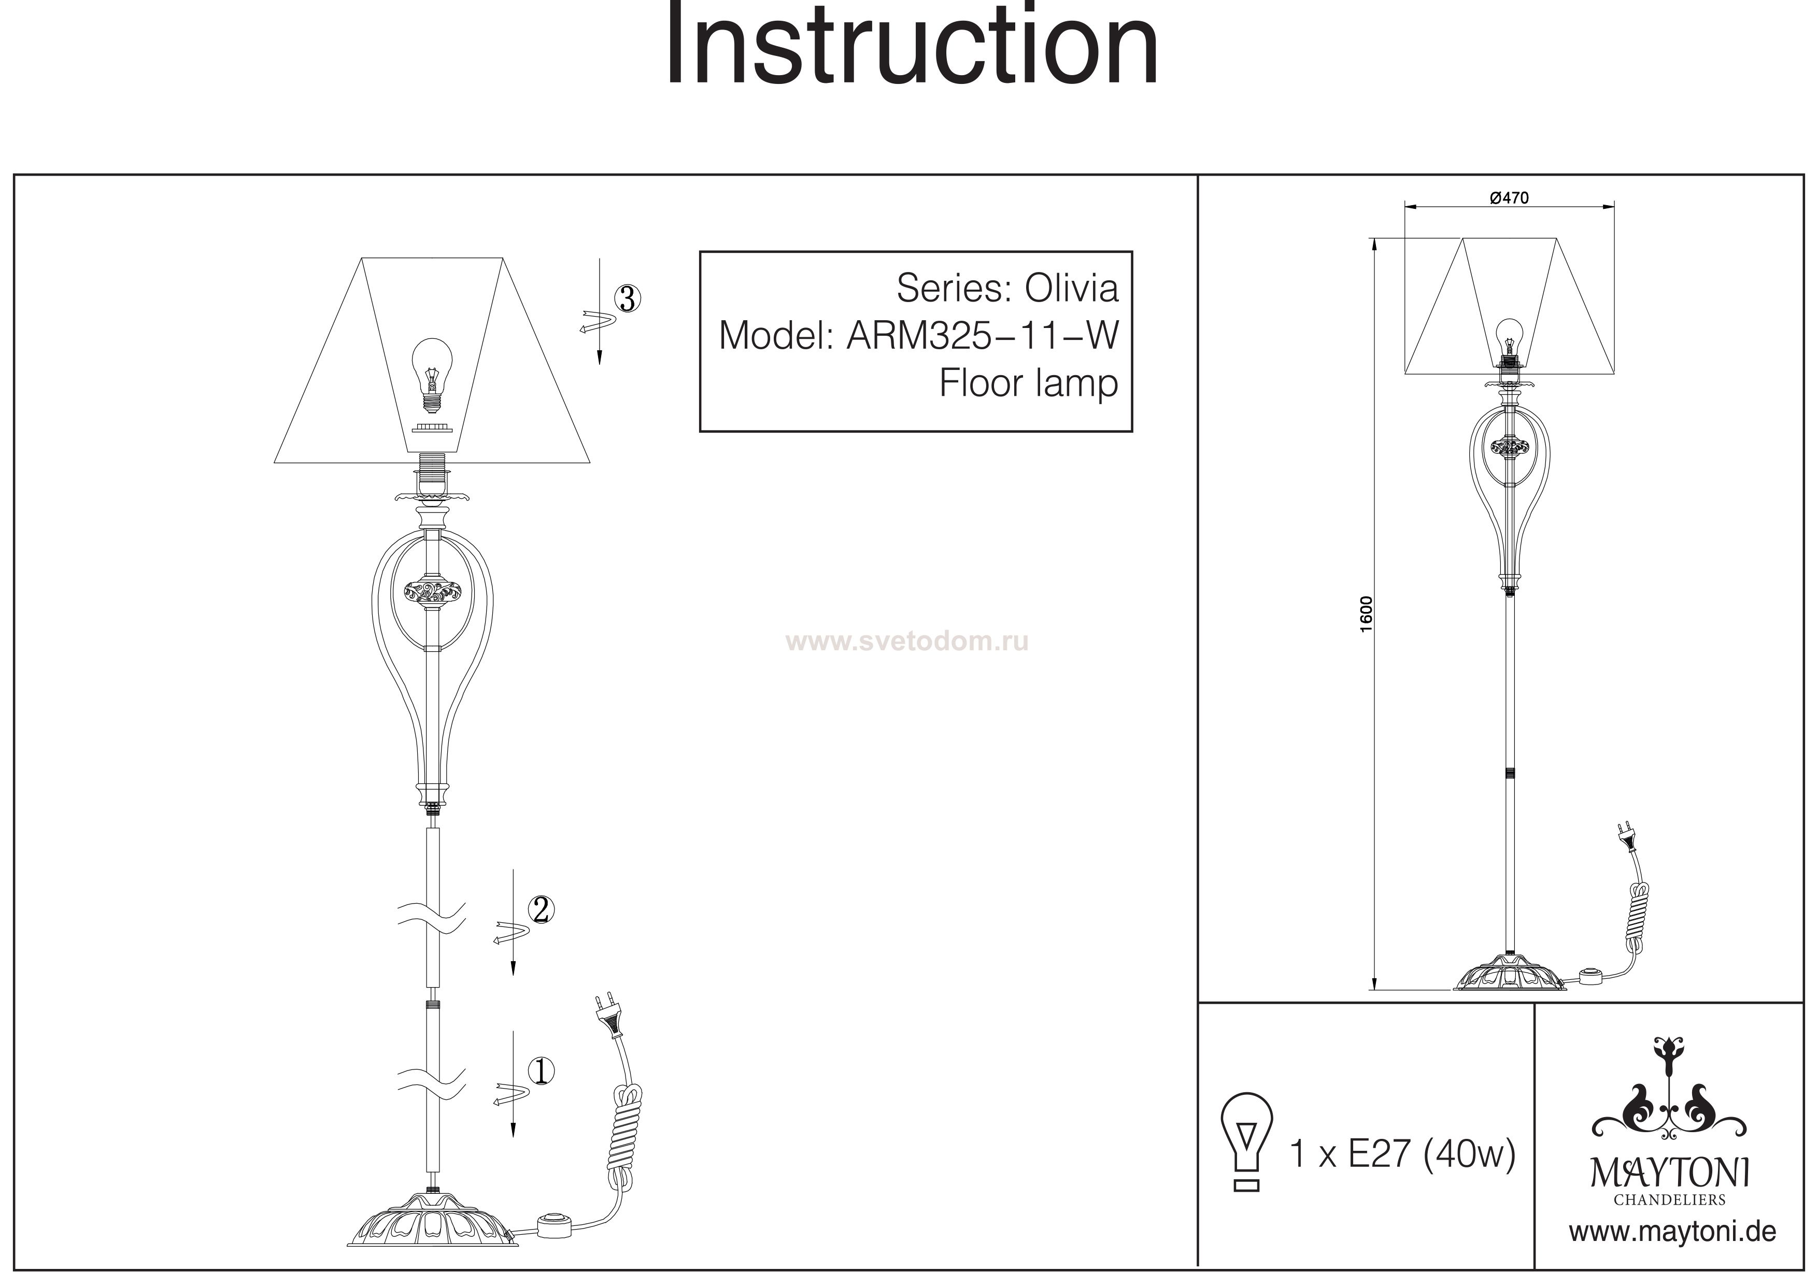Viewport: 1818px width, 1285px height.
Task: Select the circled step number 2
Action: coord(541,910)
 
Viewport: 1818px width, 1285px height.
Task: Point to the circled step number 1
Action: coord(541,1071)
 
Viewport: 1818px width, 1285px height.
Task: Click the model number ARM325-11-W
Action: coord(983,336)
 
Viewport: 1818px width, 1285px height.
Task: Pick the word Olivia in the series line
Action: coord(1071,289)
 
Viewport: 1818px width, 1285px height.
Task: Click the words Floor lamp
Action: coord(1028,384)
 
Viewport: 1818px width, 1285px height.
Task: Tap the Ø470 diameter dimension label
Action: coord(1509,199)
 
